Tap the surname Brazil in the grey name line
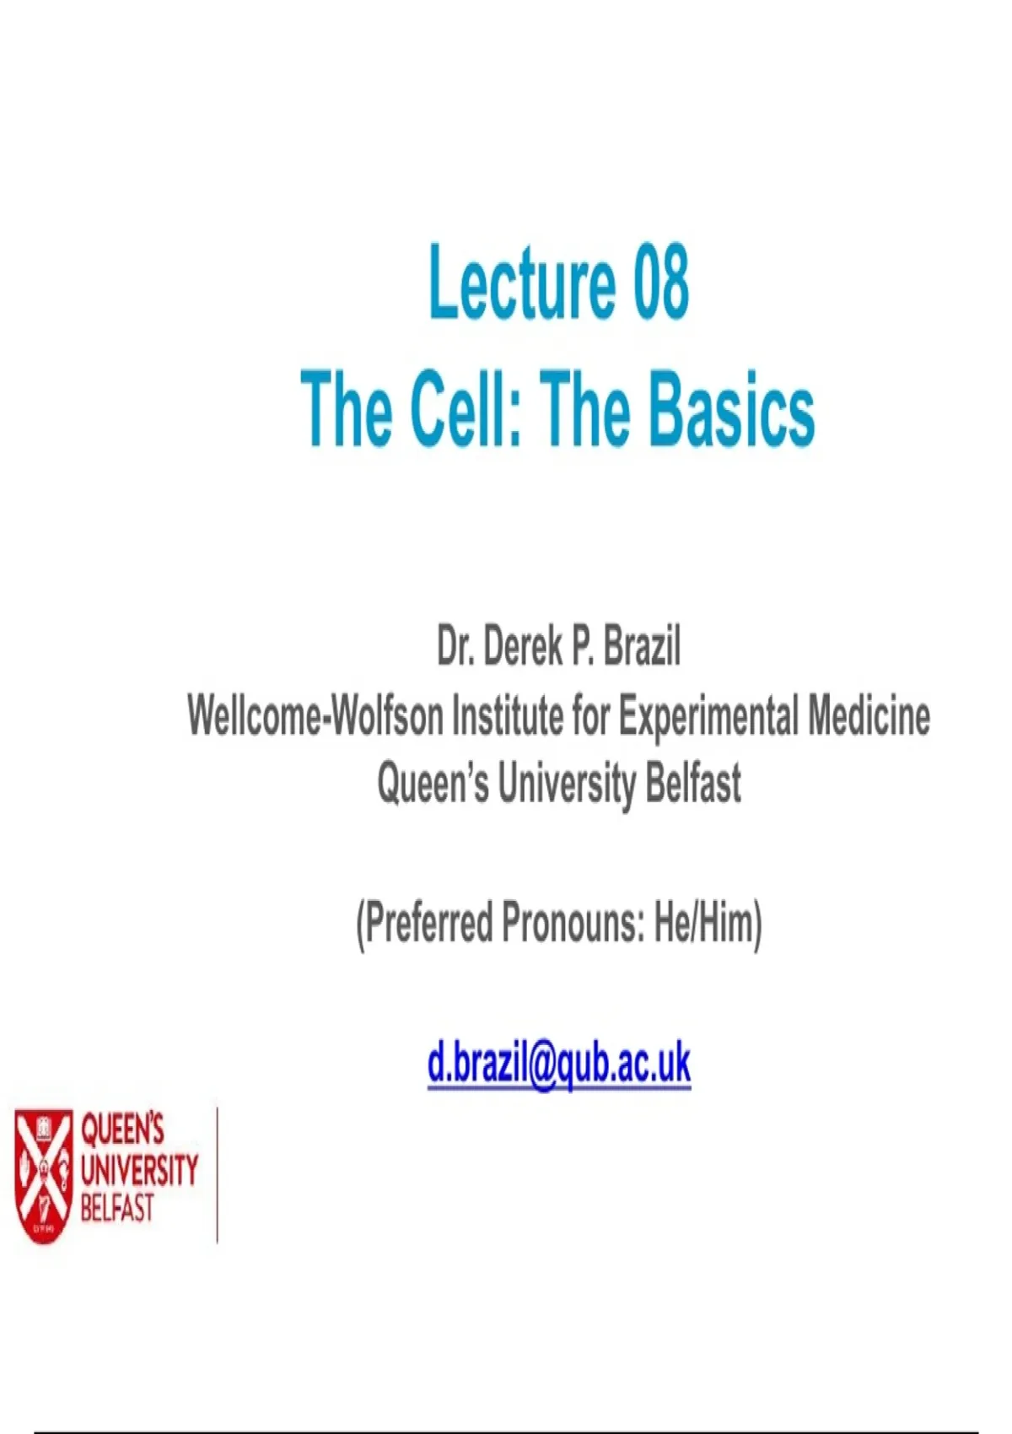click(642, 647)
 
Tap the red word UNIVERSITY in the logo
click(139, 1169)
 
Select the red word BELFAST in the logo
click(117, 1208)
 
